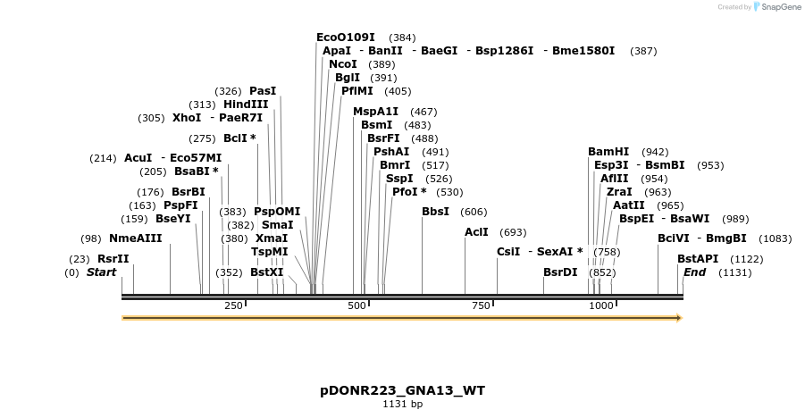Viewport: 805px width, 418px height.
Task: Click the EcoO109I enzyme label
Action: [346, 38]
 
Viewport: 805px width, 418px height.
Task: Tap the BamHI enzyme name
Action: [608, 152]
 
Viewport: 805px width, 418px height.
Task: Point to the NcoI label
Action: [343, 64]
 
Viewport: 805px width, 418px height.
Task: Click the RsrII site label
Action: [113, 259]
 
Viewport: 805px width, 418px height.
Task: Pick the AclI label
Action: [477, 232]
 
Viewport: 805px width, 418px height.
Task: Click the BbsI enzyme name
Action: [436, 212]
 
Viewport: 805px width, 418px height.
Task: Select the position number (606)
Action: [474, 213]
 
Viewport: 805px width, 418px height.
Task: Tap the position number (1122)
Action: [747, 259]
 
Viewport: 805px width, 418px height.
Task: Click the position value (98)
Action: [91, 238]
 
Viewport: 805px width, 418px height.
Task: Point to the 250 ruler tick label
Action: [233, 306]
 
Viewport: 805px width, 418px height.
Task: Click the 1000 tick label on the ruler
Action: [602, 306]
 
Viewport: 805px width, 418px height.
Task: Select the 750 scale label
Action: [481, 306]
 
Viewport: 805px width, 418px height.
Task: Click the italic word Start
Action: [102, 272]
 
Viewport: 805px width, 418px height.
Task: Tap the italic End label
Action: [695, 272]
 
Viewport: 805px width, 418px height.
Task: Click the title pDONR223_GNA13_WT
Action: [402, 391]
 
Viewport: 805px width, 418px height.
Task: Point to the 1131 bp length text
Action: [402, 405]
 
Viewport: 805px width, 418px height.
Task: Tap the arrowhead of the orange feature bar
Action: [679, 318]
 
